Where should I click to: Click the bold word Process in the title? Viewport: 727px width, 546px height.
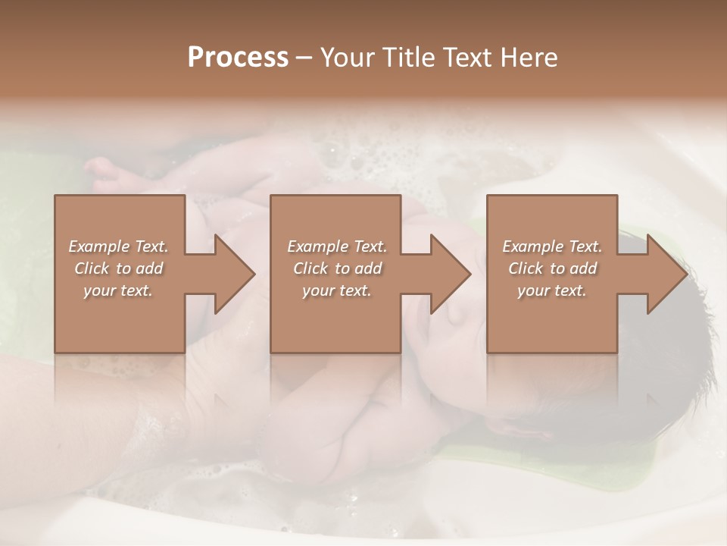(238, 58)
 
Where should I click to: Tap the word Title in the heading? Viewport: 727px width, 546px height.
(409, 58)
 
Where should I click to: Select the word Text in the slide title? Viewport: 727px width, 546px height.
(468, 58)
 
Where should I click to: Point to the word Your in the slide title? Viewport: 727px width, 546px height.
(351, 58)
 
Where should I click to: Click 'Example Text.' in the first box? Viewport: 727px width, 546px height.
(119, 246)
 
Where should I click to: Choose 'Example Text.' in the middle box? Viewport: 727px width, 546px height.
(337, 246)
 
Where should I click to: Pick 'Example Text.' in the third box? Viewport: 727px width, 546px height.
(552, 246)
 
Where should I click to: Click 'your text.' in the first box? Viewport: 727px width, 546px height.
(118, 290)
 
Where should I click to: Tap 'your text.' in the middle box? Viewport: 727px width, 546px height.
(336, 290)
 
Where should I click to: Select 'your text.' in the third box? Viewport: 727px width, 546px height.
(551, 290)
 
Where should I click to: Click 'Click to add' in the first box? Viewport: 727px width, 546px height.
(119, 268)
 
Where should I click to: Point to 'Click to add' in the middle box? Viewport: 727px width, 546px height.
(337, 268)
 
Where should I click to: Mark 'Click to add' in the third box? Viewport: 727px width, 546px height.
(552, 268)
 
